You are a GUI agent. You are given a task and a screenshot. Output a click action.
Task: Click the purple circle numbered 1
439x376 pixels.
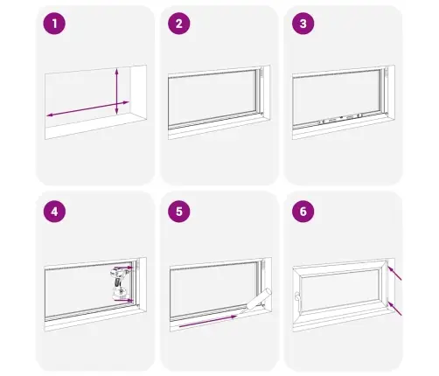tap(54, 24)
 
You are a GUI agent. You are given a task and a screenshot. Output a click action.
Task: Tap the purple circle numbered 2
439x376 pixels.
tap(179, 24)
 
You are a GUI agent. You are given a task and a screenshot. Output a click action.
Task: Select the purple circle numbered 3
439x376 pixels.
tap(303, 24)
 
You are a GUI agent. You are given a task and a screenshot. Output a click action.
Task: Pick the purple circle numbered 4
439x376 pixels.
tap(54, 212)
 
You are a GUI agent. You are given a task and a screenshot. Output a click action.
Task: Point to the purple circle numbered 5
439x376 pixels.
tap(179, 212)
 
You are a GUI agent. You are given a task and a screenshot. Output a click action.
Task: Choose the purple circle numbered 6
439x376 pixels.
tap(303, 212)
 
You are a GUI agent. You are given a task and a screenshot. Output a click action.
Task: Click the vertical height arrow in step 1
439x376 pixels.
tap(116, 91)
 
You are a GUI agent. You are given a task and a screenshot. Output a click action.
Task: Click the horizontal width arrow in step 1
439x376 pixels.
tap(87, 108)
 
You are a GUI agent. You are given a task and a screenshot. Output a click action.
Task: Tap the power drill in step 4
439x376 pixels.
tap(119, 284)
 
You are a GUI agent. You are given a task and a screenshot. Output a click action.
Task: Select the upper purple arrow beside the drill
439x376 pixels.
tap(123, 268)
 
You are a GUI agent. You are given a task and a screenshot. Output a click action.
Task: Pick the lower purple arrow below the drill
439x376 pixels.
tap(123, 300)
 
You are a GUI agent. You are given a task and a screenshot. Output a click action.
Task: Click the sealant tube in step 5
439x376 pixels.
tap(255, 301)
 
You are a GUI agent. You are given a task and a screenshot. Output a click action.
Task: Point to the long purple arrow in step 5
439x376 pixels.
tap(207, 321)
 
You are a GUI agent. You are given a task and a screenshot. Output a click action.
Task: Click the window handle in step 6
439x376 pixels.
tap(297, 296)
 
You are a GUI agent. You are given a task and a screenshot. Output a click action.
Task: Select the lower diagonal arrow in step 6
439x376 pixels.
tap(394, 309)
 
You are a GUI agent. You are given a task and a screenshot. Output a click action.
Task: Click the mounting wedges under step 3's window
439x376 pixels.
tap(340, 118)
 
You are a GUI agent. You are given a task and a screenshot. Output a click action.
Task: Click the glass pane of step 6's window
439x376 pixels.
tap(339, 293)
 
